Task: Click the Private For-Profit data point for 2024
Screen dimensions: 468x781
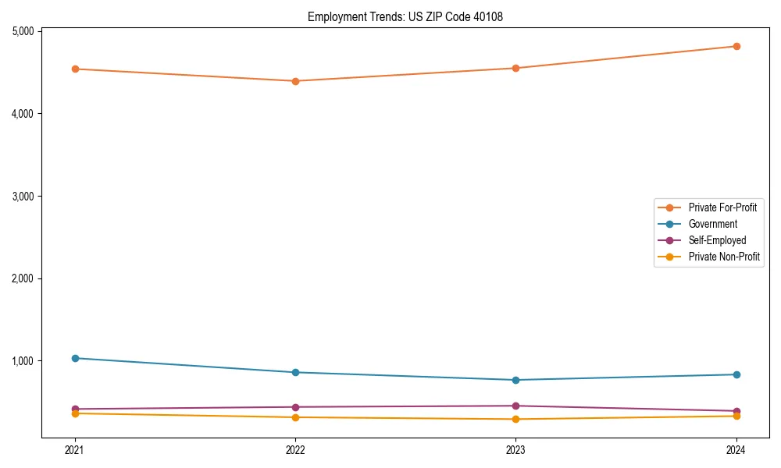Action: tap(736, 46)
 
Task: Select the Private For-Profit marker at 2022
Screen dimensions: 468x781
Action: tap(295, 81)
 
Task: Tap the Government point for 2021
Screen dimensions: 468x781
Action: tap(75, 358)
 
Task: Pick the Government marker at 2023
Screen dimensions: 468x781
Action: tap(516, 380)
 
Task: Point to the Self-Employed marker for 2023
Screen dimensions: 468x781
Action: tap(516, 406)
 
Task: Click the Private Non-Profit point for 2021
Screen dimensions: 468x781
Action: tap(75, 413)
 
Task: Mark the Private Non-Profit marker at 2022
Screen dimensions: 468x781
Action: tap(295, 417)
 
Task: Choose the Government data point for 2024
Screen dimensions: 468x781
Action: tap(736, 374)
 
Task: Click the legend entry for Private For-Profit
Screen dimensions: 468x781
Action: tap(722, 207)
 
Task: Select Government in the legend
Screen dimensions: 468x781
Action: tap(712, 224)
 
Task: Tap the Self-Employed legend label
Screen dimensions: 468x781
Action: tap(717, 240)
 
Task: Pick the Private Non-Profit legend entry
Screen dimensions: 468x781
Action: tap(724, 257)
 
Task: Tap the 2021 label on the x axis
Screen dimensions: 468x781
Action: tap(75, 449)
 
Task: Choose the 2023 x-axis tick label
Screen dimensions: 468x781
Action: tap(516, 449)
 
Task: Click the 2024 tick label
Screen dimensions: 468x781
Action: tap(736, 449)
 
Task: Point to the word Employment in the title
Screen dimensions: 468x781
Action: tap(333, 16)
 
